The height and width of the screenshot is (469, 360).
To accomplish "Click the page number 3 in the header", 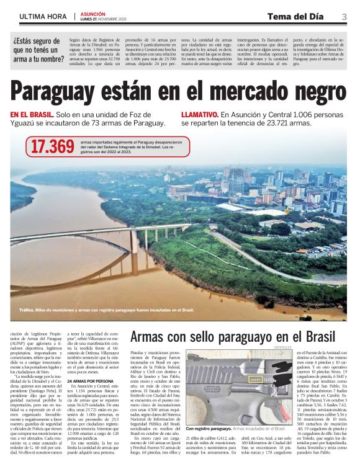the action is [344, 17].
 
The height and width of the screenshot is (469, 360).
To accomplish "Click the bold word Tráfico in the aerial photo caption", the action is [27, 310].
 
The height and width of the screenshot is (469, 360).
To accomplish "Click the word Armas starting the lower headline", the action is [149, 337].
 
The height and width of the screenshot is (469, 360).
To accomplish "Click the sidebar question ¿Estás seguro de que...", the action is [38, 50].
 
